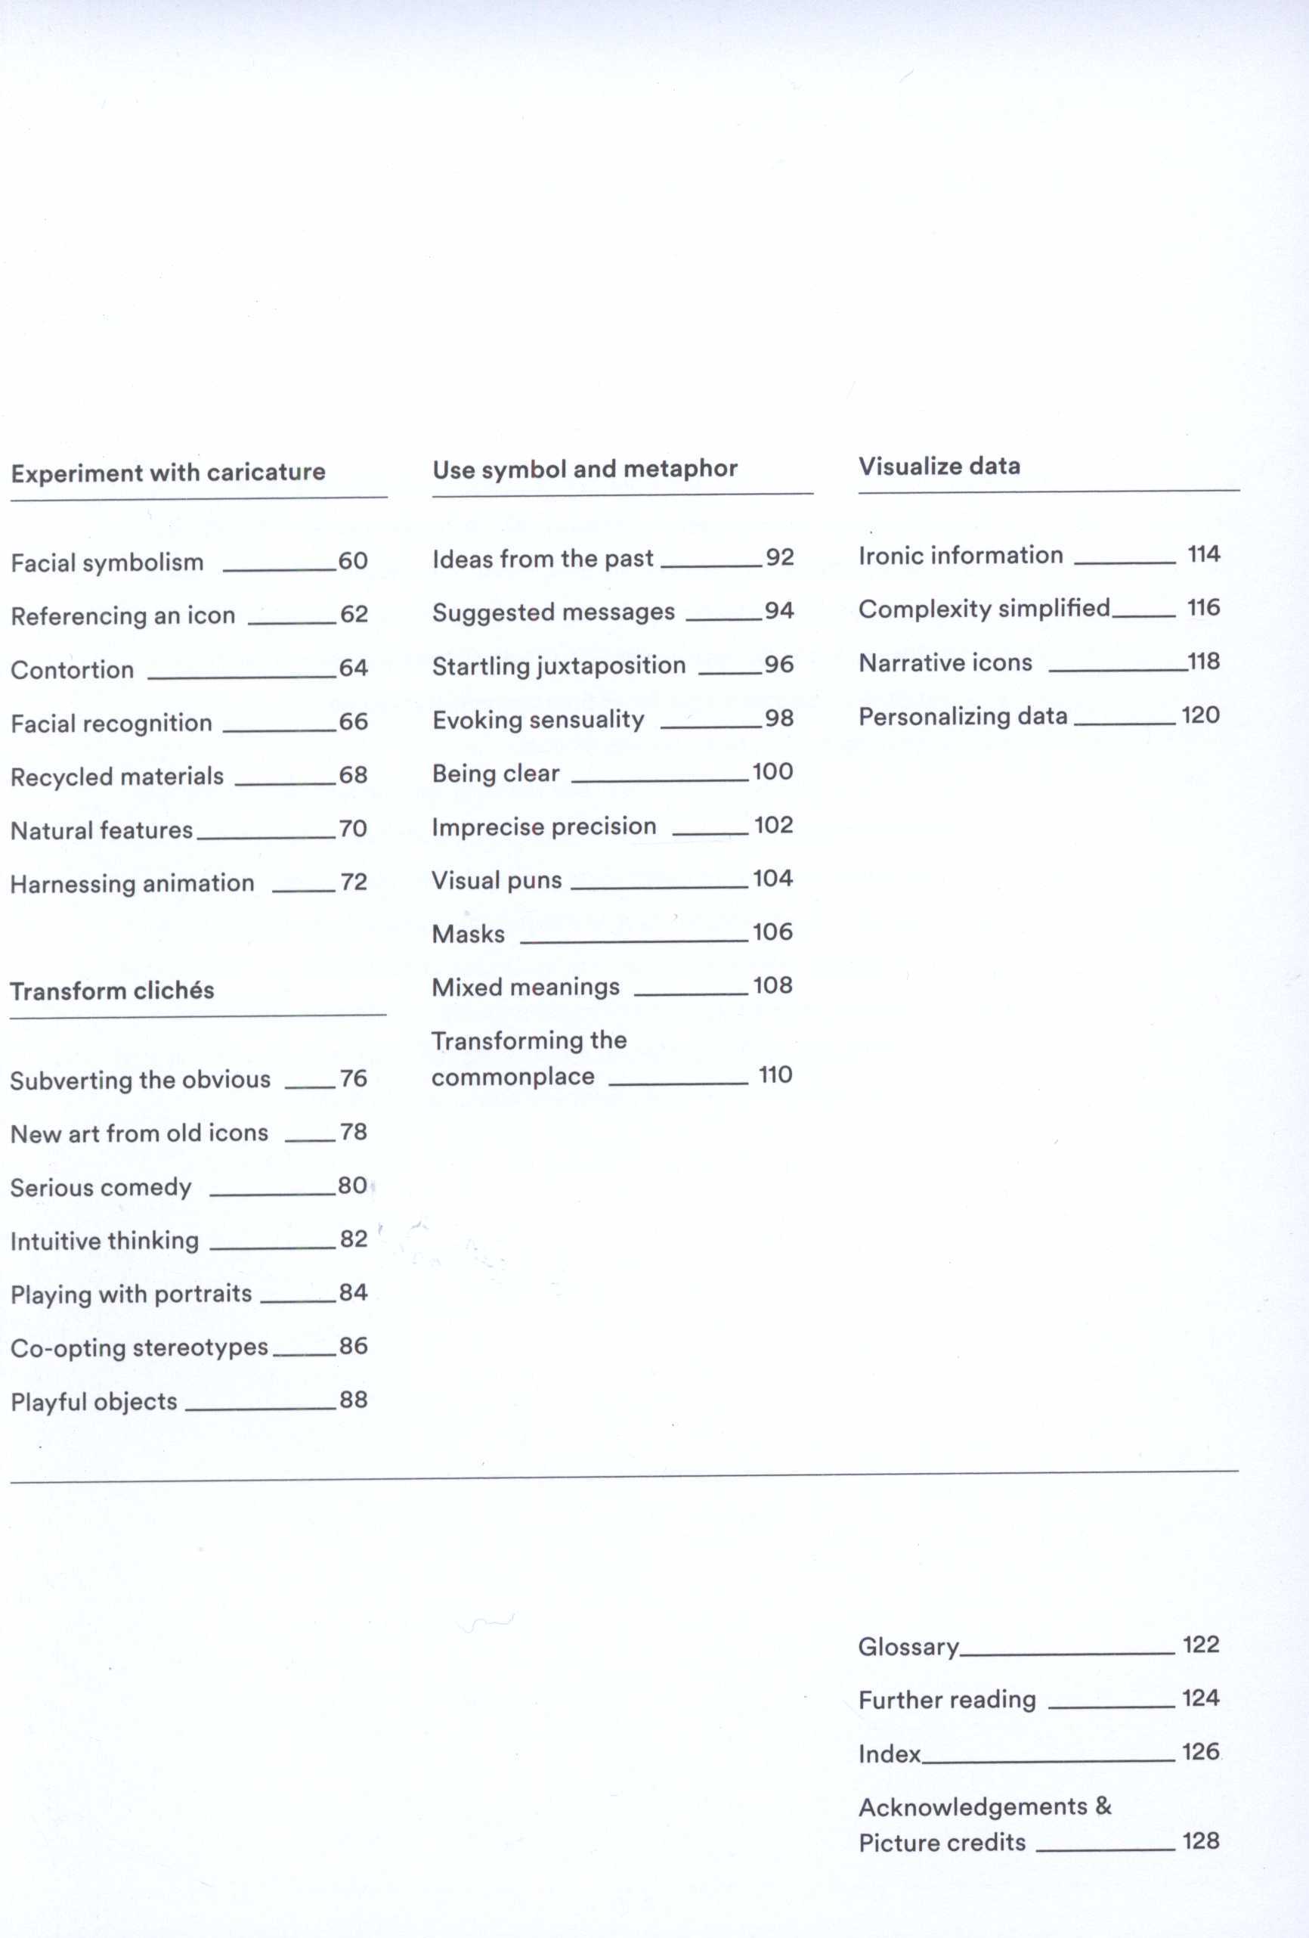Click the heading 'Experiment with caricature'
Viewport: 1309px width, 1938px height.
(168, 473)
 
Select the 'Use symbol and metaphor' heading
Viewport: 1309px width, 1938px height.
(584, 470)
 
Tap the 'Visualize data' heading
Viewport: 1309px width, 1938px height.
(939, 466)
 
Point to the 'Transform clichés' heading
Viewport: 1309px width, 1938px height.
(112, 991)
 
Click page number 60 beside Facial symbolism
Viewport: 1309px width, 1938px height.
(353, 561)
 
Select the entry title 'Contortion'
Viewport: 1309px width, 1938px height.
(73, 670)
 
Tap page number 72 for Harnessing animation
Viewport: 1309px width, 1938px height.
(354, 882)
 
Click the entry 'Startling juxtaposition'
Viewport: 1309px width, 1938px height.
(559, 665)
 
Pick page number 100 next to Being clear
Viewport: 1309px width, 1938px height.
(772, 771)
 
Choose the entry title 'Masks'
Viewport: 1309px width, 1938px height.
(468, 934)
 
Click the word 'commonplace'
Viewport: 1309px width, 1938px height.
(512, 1077)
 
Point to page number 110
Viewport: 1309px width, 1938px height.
(775, 1075)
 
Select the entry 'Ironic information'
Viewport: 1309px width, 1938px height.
(961, 555)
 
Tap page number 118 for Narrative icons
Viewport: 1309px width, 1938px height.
(1203, 662)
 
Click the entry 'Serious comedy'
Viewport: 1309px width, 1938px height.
(101, 1186)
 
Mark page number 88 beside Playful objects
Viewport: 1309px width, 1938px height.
(354, 1400)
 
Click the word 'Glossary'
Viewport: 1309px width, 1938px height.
(908, 1647)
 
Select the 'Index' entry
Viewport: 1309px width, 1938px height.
(889, 1754)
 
